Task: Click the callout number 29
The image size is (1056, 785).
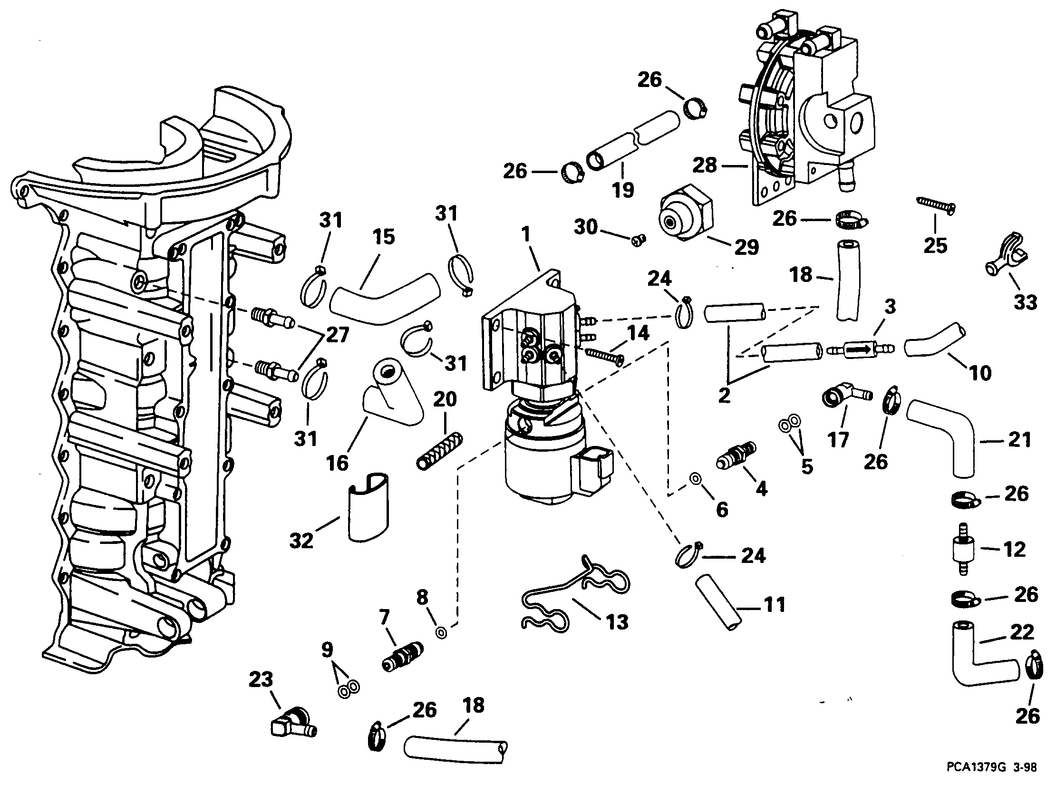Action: coord(746,247)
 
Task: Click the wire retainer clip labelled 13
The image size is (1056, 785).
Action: coord(576,593)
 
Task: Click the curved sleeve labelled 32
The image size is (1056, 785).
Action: coord(368,506)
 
